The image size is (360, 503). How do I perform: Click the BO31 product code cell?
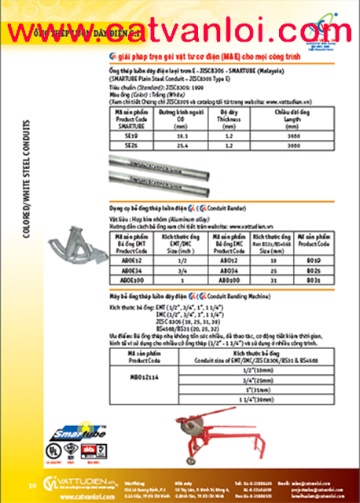[311, 279]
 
